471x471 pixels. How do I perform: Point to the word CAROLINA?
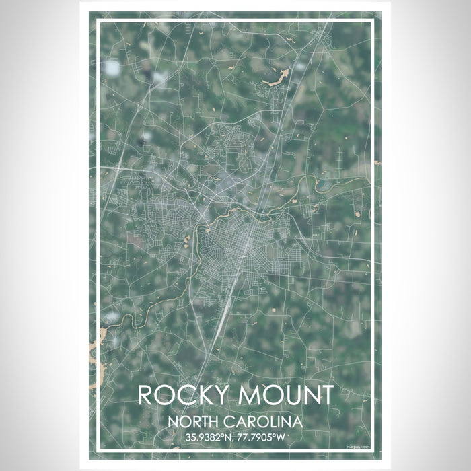coord(264,423)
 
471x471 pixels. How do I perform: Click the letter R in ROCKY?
coord(146,395)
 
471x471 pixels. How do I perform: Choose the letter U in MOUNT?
coord(286,395)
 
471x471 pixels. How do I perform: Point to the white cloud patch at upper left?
coord(112,68)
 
